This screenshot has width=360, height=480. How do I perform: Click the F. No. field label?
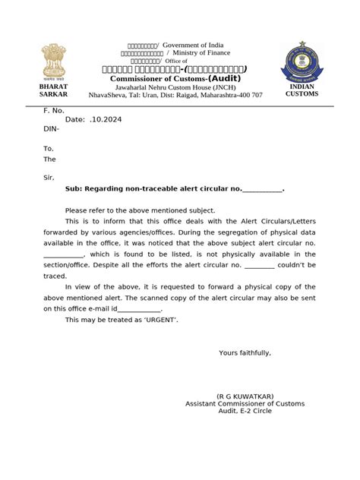click(53, 111)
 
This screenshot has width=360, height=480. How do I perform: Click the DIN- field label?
click(51, 130)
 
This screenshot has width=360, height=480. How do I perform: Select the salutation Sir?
click(49, 176)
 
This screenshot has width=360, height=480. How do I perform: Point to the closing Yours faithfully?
click(245, 353)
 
